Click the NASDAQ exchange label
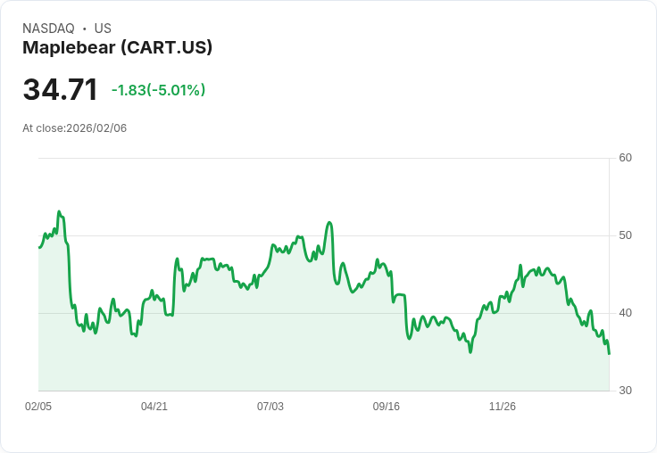48,29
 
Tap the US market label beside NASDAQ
103,29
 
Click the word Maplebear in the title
69,48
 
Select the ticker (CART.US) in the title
167,48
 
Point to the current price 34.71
60,90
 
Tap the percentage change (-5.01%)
177,90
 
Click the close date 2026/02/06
96,128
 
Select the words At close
43,128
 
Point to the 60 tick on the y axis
625,158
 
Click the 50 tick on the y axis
625,235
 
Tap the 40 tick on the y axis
625,313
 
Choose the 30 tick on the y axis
625,391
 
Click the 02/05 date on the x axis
38,407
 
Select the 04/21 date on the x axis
154,407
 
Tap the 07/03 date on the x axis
270,407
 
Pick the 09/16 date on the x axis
387,407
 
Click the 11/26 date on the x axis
503,407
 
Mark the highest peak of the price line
59,212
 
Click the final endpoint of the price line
609,354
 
